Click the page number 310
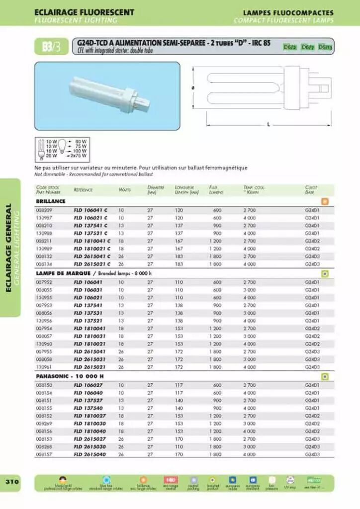click(x=11, y=482)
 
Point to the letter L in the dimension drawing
click(x=269, y=125)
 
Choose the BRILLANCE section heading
click(x=51, y=201)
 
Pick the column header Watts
click(x=124, y=190)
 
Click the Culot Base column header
click(x=311, y=189)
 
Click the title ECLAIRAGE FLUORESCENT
click(x=84, y=12)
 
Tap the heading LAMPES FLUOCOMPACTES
click(x=288, y=12)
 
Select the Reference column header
click(x=83, y=190)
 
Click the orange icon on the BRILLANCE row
click(x=325, y=201)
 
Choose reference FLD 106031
click(x=89, y=290)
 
